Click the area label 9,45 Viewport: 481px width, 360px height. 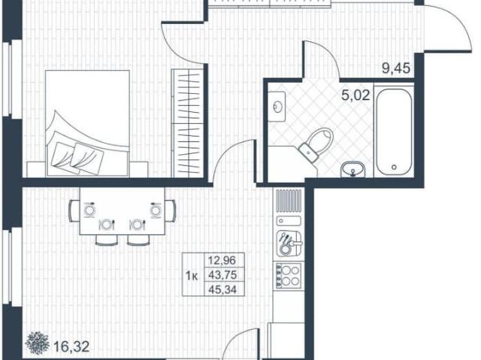click(x=396, y=68)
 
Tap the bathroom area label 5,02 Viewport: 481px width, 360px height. click(x=355, y=95)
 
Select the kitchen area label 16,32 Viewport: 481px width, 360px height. click(x=71, y=346)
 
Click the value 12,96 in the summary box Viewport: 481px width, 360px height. click(x=222, y=261)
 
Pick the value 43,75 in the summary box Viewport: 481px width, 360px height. click(x=222, y=275)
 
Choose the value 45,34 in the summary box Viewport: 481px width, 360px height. click(x=222, y=289)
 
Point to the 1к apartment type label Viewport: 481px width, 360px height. click(x=192, y=277)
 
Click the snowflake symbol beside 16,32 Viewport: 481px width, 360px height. click(x=38, y=343)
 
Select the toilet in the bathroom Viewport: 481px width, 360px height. click(x=316, y=144)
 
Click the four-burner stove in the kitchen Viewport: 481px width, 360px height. click(x=288, y=276)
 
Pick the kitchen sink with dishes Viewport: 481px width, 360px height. click(x=289, y=243)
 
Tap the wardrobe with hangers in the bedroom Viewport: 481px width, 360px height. click(x=188, y=123)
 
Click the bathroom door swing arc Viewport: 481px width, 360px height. click(x=325, y=55)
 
